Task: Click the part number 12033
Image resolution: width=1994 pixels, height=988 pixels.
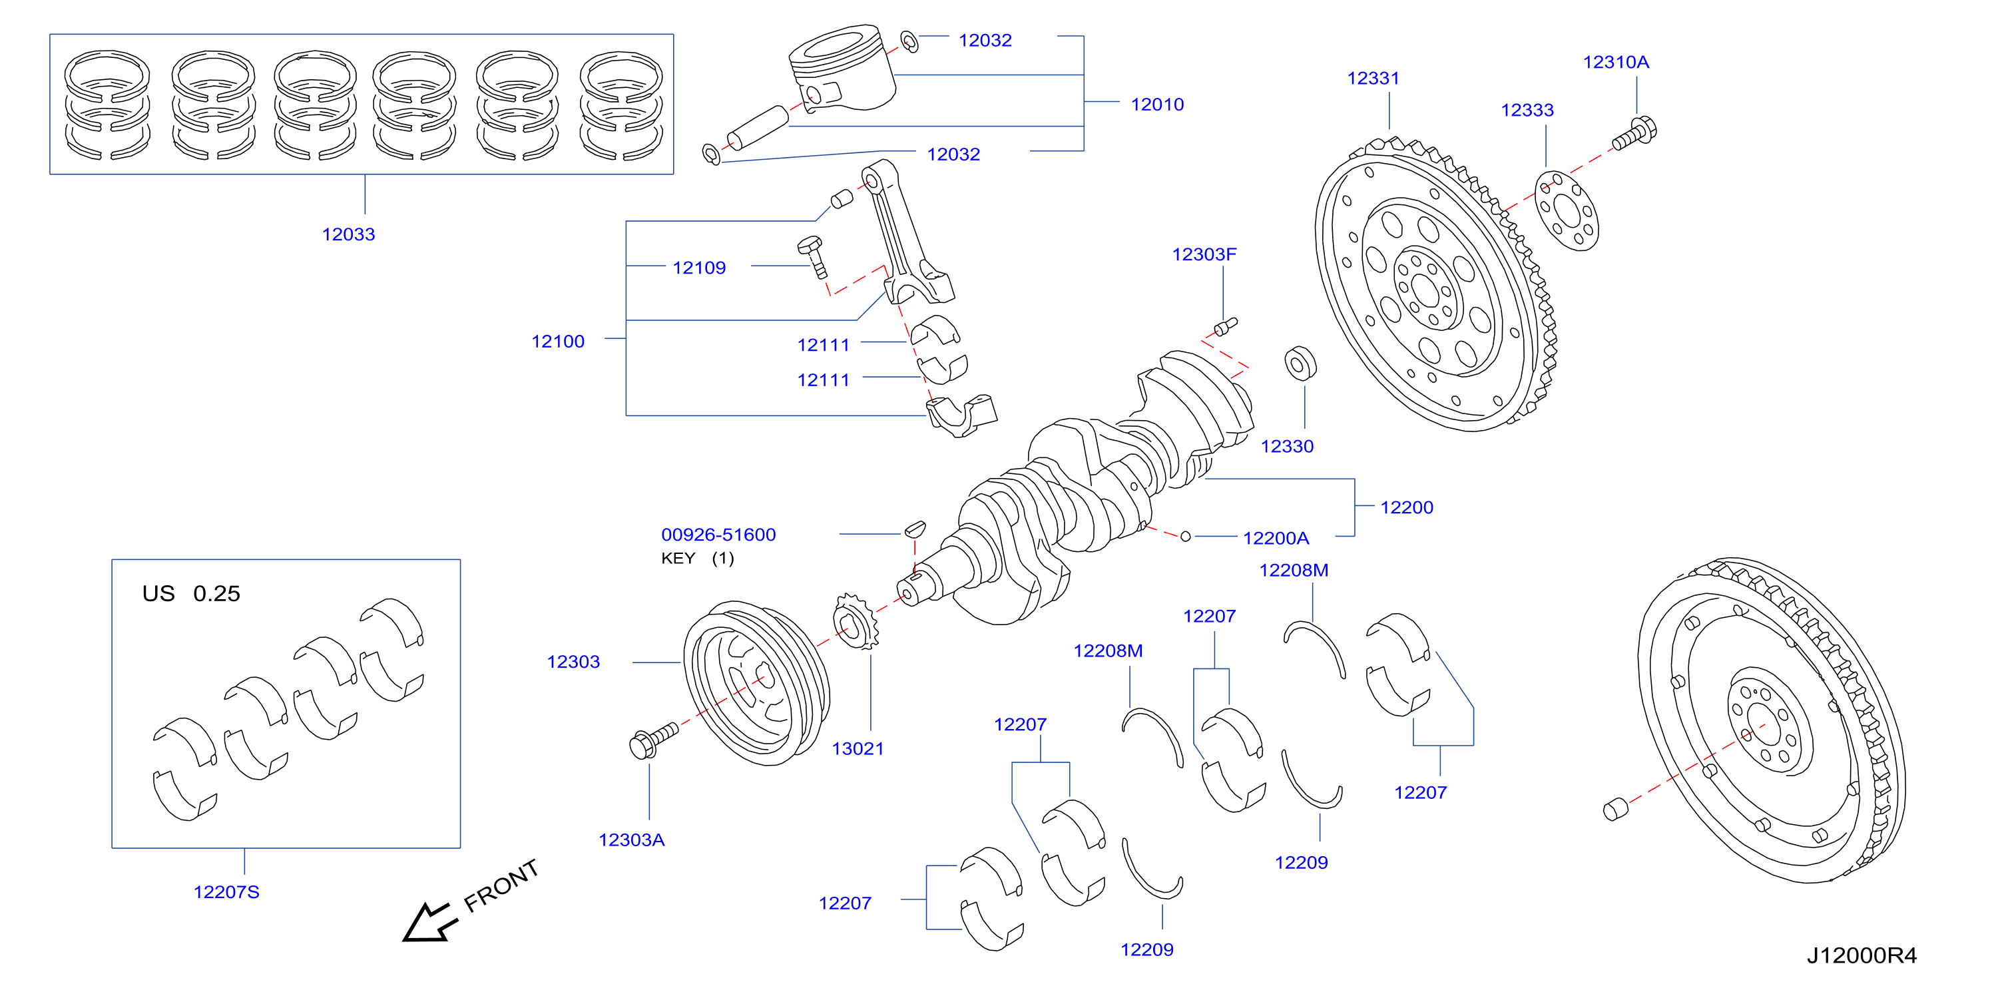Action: click(x=348, y=234)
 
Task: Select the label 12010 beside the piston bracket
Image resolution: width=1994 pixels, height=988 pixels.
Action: click(x=1157, y=105)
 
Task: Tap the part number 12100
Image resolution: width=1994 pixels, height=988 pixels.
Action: click(x=557, y=342)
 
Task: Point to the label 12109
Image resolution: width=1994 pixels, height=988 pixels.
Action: click(x=699, y=268)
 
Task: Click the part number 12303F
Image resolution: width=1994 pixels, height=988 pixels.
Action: click(x=1204, y=255)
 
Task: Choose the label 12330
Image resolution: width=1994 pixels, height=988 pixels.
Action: click(x=1287, y=447)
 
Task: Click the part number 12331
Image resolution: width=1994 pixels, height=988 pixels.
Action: click(x=1373, y=78)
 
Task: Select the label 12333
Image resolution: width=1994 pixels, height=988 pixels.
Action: click(x=1527, y=110)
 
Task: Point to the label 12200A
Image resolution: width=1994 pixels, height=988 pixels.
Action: click(x=1276, y=538)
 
